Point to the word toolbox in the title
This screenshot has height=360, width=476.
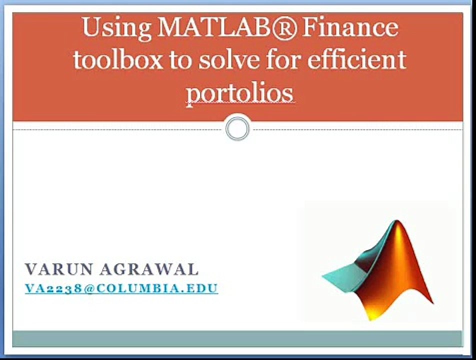(118, 60)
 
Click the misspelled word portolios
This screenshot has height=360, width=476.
(239, 93)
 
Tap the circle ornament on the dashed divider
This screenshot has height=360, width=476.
(237, 128)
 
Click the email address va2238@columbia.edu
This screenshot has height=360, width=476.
(121, 288)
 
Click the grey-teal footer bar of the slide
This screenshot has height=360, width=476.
(237, 338)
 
